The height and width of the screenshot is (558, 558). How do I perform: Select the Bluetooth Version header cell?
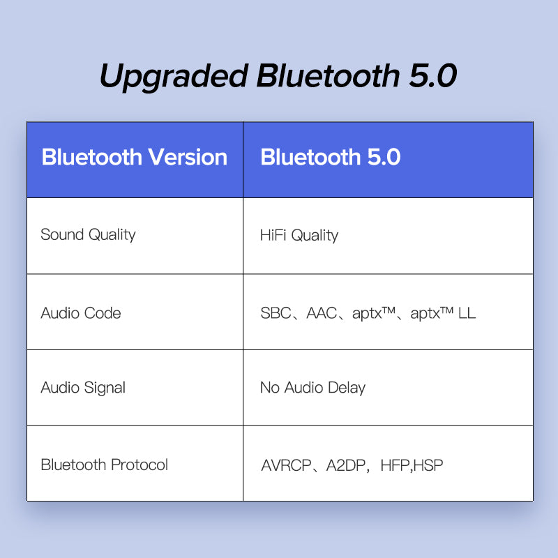(x=135, y=158)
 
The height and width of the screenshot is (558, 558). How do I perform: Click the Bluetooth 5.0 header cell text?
(x=331, y=158)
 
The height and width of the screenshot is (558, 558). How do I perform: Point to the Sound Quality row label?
(x=88, y=234)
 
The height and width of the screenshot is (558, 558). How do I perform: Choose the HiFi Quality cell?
(x=299, y=235)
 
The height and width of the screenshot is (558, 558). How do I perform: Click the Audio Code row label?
(x=81, y=313)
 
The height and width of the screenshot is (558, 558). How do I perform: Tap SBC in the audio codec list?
(x=276, y=313)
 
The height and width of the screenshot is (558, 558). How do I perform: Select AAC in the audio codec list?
(x=322, y=313)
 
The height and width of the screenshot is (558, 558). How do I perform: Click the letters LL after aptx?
(x=467, y=313)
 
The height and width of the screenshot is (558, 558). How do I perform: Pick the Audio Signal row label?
(x=83, y=388)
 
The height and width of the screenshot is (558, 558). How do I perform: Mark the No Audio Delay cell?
(x=312, y=388)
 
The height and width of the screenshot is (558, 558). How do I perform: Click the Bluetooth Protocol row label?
(x=105, y=465)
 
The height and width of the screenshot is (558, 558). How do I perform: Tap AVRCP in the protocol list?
(x=287, y=465)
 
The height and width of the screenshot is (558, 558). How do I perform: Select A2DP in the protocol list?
(x=347, y=465)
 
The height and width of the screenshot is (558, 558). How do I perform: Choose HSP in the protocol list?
(x=429, y=465)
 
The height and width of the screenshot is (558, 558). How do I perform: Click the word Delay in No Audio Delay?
(x=347, y=388)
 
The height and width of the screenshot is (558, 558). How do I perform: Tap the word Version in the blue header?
(x=187, y=158)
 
